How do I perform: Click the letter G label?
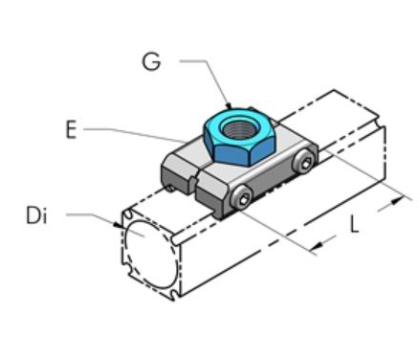[150, 61]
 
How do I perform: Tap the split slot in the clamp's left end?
[193, 178]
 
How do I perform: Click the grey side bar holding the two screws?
[273, 184]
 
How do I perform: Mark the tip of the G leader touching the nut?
[229, 102]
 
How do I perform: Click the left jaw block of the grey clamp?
[176, 172]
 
